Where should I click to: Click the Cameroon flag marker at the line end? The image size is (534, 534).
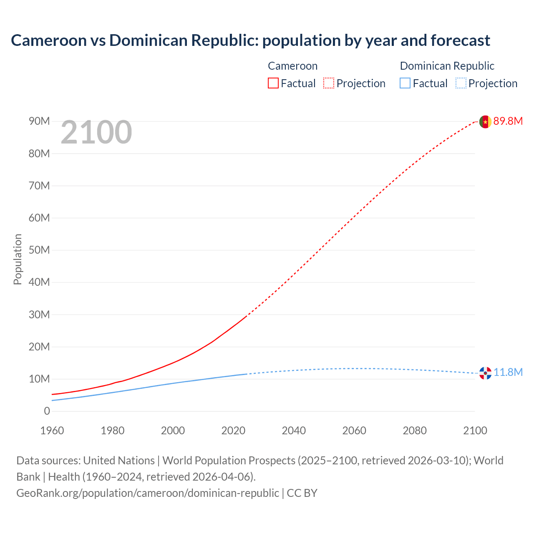click(485, 122)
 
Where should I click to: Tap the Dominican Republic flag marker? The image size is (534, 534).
click(485, 373)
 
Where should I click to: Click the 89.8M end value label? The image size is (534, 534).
click(508, 121)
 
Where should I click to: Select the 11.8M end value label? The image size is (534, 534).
click(508, 373)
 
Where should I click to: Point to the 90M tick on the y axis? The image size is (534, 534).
click(39, 121)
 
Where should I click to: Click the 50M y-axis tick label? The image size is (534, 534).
click(39, 250)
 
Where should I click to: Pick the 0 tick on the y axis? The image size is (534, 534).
click(47, 411)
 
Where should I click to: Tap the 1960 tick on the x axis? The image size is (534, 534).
click(52, 431)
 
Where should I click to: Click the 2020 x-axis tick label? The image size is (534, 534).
click(233, 431)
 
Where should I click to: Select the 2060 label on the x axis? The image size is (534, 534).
click(354, 431)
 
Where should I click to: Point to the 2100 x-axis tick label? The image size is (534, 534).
click(475, 431)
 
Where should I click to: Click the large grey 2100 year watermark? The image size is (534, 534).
click(96, 133)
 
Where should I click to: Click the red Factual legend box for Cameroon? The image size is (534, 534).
click(273, 83)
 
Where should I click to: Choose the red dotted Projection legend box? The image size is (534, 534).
click(329, 83)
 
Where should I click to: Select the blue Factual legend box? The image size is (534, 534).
click(405, 83)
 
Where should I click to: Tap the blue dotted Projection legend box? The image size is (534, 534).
click(461, 83)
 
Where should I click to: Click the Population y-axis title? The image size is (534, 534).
click(18, 259)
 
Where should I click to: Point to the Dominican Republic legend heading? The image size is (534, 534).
click(447, 66)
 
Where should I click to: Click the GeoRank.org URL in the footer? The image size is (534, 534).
click(148, 493)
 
